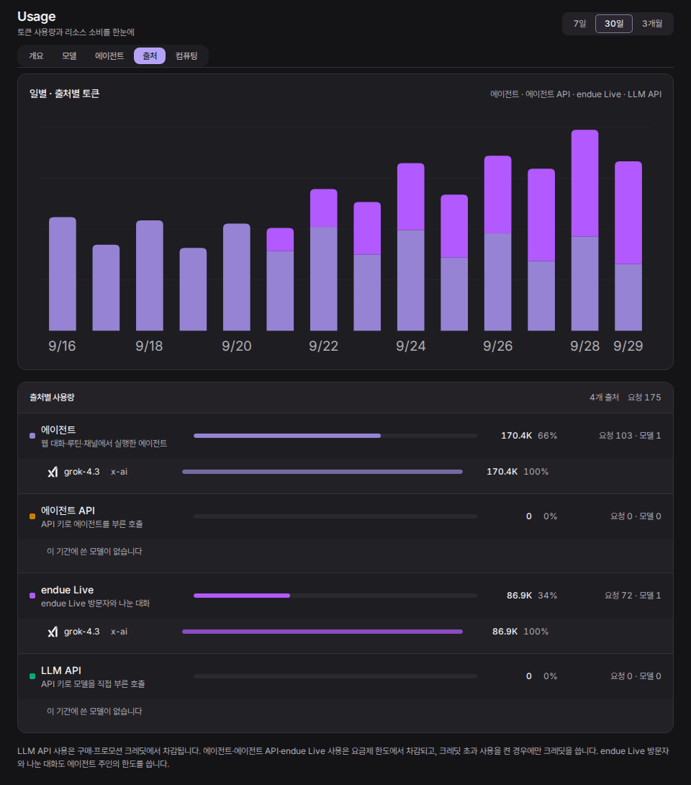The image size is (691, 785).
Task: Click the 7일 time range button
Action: (579, 24)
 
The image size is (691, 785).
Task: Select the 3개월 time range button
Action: (652, 24)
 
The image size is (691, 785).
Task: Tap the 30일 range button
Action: (614, 24)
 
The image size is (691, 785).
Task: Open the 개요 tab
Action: (36, 55)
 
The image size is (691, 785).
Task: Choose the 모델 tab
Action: (69, 55)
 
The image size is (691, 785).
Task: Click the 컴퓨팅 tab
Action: (186, 55)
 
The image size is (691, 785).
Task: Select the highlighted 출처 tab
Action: (150, 55)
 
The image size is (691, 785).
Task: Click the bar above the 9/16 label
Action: (63, 274)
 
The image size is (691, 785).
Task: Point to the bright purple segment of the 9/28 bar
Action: (585, 183)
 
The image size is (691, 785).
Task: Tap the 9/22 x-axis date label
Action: (323, 346)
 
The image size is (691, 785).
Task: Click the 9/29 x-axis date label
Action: (628, 346)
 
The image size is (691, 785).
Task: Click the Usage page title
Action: (37, 17)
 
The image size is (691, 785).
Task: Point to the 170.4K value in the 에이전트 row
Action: (516, 436)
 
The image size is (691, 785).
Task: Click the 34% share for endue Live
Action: (547, 596)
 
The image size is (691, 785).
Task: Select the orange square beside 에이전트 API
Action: (32, 516)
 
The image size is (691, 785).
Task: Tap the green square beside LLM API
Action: (32, 676)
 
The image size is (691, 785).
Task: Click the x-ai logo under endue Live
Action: (53, 632)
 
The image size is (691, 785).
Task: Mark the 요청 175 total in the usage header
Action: (644, 397)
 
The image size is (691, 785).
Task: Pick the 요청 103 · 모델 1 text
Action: (630, 436)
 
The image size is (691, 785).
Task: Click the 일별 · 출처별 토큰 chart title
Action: (65, 94)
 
